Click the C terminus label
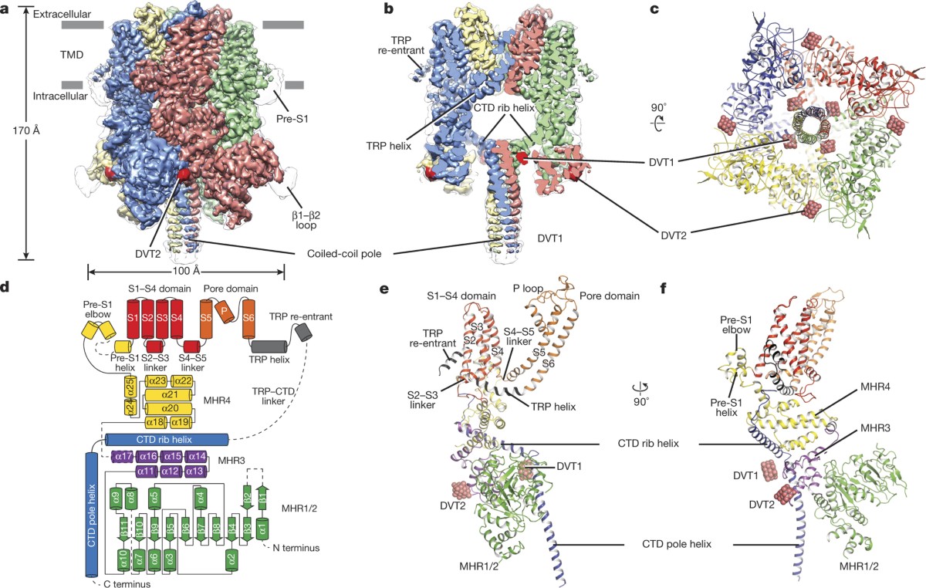123,584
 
